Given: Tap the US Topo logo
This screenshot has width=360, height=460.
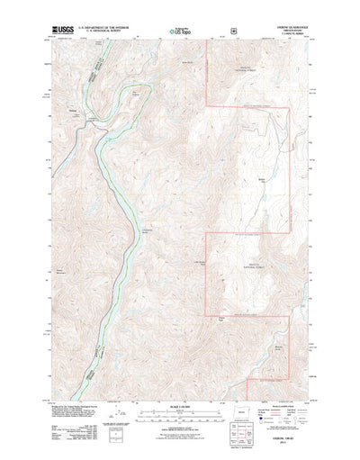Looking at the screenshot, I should [179, 32].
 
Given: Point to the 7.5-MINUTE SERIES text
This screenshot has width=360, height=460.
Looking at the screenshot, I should [289, 35].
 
